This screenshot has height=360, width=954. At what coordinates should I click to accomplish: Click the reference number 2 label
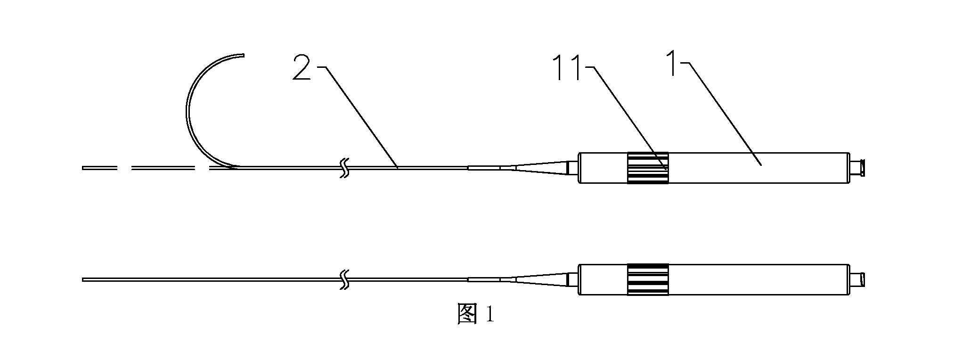click(x=302, y=67)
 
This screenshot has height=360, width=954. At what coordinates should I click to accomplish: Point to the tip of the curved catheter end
click(x=245, y=56)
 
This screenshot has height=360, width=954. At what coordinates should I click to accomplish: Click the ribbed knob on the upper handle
click(x=648, y=168)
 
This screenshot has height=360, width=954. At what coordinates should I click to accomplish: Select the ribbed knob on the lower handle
click(x=648, y=280)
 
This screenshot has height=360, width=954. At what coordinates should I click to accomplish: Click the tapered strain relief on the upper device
click(x=541, y=168)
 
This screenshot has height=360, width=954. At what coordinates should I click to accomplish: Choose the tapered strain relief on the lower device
click(x=541, y=280)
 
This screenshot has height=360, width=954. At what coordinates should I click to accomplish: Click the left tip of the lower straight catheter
click(x=82, y=280)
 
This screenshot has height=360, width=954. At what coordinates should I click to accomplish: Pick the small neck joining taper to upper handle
click(x=573, y=168)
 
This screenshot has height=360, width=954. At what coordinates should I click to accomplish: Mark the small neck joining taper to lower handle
click(x=573, y=280)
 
